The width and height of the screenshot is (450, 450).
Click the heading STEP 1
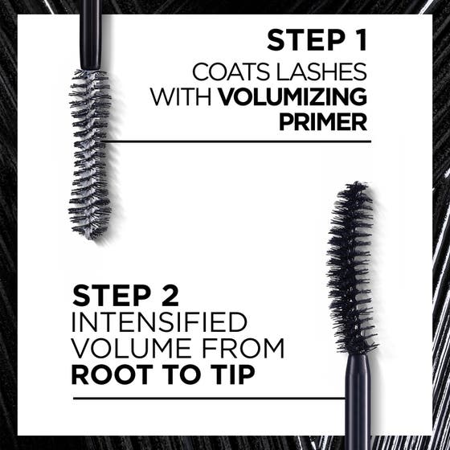coord(316,40)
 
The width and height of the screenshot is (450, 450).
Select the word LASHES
coord(324,69)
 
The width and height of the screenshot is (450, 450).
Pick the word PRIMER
coord(324,123)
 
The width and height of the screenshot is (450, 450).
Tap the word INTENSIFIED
coord(159,322)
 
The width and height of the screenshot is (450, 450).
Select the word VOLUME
coord(126,350)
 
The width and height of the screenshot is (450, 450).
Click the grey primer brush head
coord(89,145)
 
